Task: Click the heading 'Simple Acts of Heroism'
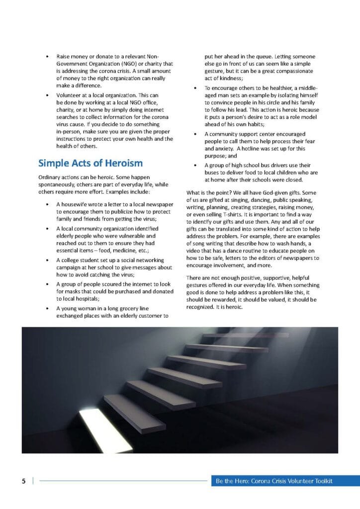coord(90,163)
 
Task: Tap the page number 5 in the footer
coord(23,481)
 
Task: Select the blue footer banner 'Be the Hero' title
coord(273,481)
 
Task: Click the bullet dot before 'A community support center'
coord(195,134)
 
